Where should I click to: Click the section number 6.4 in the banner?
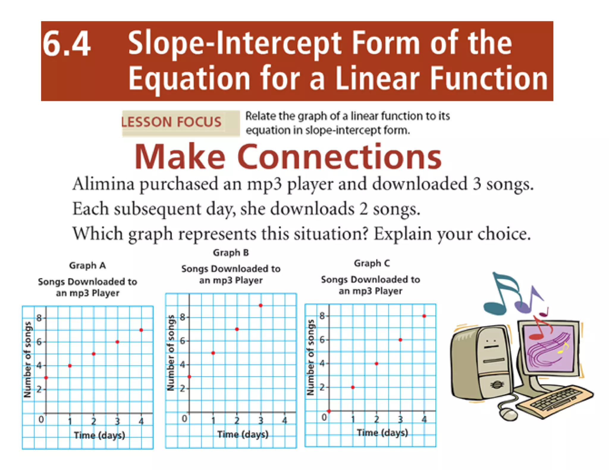pos(66,44)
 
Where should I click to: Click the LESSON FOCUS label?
pos(172,122)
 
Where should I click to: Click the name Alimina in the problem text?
pos(103,184)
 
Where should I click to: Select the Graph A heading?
pos(87,265)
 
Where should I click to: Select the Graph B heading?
pos(231,253)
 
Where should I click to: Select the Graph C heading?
pos(371,263)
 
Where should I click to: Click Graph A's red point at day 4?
pos(141,330)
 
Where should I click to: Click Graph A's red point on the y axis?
pos(46,378)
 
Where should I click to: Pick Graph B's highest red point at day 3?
pos(260,305)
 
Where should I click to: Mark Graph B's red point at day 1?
pos(213,353)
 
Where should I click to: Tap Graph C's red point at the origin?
pos(329,411)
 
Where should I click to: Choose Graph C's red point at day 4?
pos(424,316)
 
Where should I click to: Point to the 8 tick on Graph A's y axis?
pos(39,318)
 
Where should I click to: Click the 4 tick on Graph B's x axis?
pos(285,420)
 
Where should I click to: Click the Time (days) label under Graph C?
pos(382,433)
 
